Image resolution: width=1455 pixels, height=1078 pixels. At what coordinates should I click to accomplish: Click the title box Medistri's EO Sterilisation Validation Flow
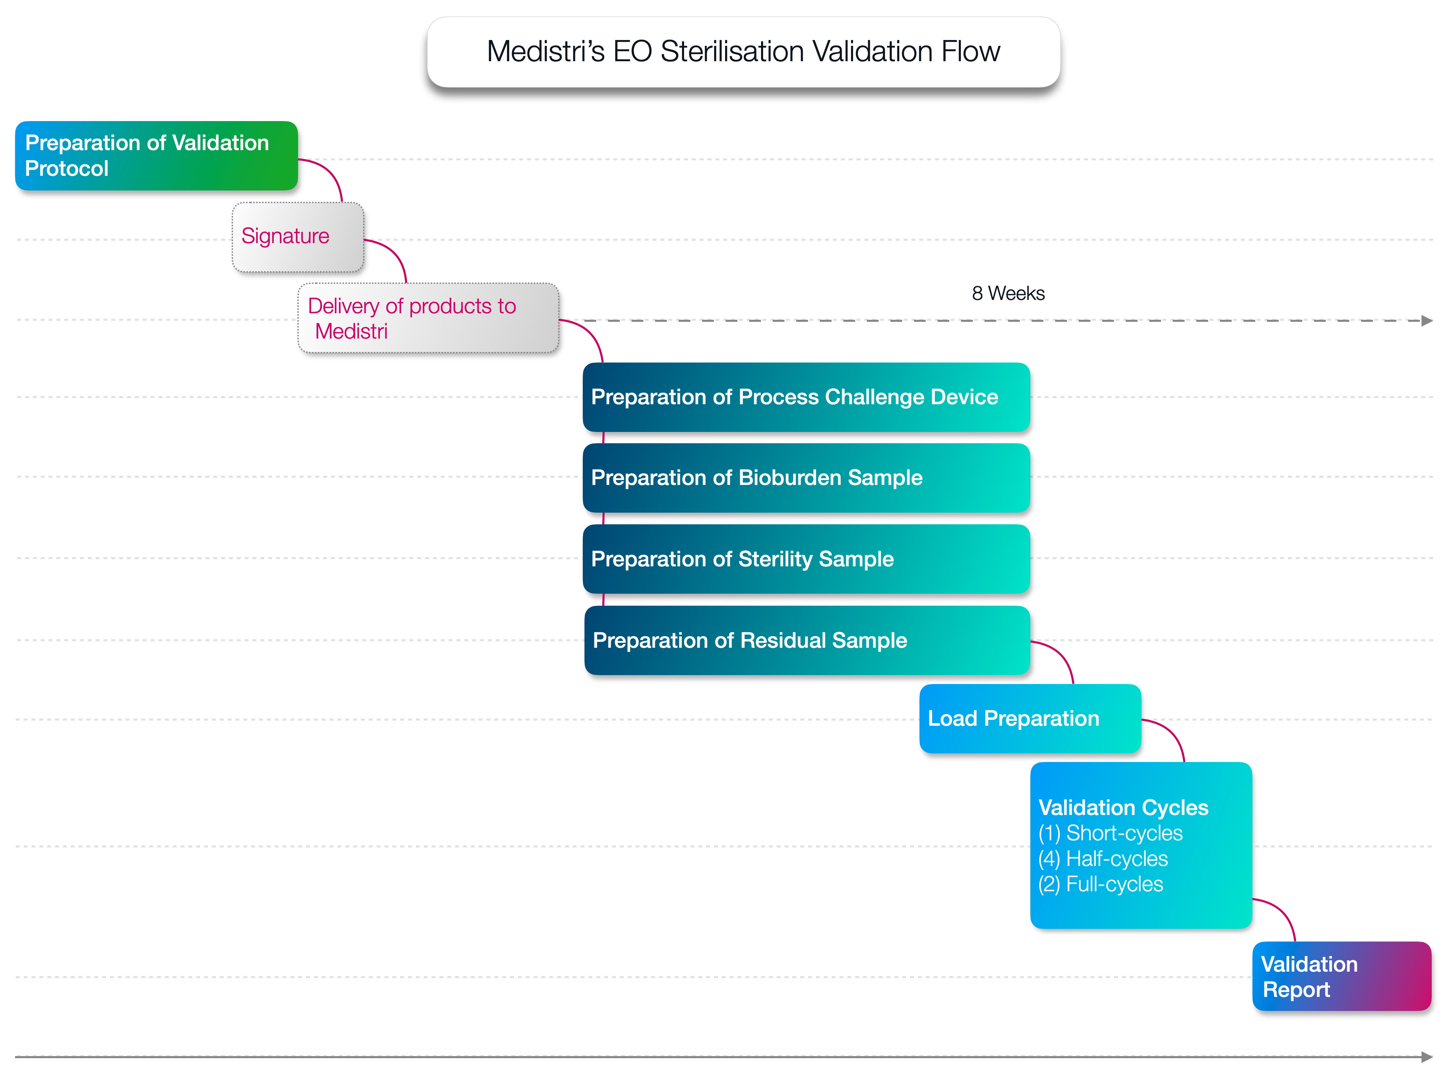point(744,52)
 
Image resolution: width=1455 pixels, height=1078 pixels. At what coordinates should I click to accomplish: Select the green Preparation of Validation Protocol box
point(157,156)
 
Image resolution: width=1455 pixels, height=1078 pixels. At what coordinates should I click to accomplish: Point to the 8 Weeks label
point(1008,294)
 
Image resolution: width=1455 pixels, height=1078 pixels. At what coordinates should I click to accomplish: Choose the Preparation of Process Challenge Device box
point(806,397)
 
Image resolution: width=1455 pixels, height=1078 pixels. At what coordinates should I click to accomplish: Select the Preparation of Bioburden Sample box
point(806,478)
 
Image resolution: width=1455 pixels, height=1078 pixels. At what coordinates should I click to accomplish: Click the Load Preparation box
point(1030,719)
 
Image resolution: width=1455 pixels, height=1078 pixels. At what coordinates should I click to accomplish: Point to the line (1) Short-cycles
point(1110,833)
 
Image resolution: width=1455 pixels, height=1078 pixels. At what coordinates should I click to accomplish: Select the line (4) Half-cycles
point(1103,859)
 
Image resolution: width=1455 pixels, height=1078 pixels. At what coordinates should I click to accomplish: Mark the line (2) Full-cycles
point(1100,884)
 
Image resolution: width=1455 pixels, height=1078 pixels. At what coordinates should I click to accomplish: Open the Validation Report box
point(1341,976)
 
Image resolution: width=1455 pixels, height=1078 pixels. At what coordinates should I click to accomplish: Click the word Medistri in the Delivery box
point(351,331)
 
